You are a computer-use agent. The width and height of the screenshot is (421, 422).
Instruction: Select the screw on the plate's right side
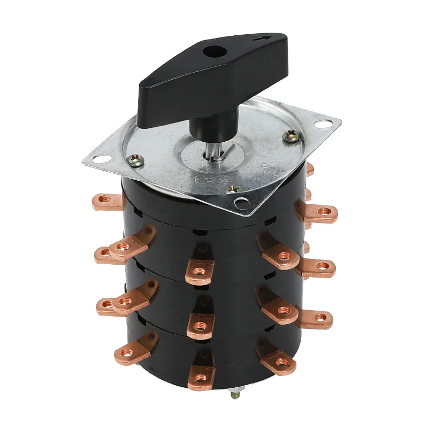click(x=292, y=137)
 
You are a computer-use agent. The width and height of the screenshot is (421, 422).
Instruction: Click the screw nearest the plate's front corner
click(x=233, y=188)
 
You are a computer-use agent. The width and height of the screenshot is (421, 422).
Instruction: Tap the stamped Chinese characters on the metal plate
click(x=187, y=182)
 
